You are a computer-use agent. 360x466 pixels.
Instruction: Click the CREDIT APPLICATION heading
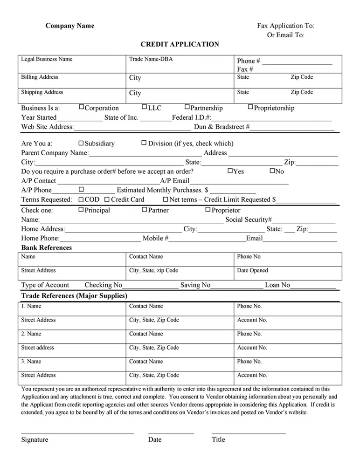[180, 44]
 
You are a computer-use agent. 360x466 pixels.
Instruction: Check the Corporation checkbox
[81, 108]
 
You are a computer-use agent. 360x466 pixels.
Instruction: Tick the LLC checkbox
[144, 108]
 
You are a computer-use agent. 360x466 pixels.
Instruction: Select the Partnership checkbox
[187, 108]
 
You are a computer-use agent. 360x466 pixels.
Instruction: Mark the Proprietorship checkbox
[250, 108]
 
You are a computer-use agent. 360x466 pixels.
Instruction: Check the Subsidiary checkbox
[81, 143]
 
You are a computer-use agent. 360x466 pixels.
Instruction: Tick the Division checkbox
[144, 143]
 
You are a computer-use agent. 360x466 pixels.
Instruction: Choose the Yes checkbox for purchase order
[230, 171]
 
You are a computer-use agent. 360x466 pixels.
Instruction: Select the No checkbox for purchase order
[272, 171]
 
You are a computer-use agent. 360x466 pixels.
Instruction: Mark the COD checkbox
[81, 199]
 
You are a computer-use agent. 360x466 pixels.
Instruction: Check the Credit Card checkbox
[107, 199]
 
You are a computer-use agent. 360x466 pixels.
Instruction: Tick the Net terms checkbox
[165, 199]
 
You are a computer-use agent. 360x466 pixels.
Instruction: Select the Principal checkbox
[81, 210]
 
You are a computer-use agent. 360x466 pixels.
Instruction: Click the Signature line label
[35, 439]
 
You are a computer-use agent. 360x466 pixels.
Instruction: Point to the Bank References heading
[47, 248]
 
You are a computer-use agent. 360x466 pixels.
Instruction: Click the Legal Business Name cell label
[47, 59]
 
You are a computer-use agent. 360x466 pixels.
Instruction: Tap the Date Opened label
[252, 270]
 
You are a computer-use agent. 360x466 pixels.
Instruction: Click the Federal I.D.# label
[192, 117]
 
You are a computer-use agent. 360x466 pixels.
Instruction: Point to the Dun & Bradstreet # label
[222, 127]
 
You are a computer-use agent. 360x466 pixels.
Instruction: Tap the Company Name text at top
[69, 26]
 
